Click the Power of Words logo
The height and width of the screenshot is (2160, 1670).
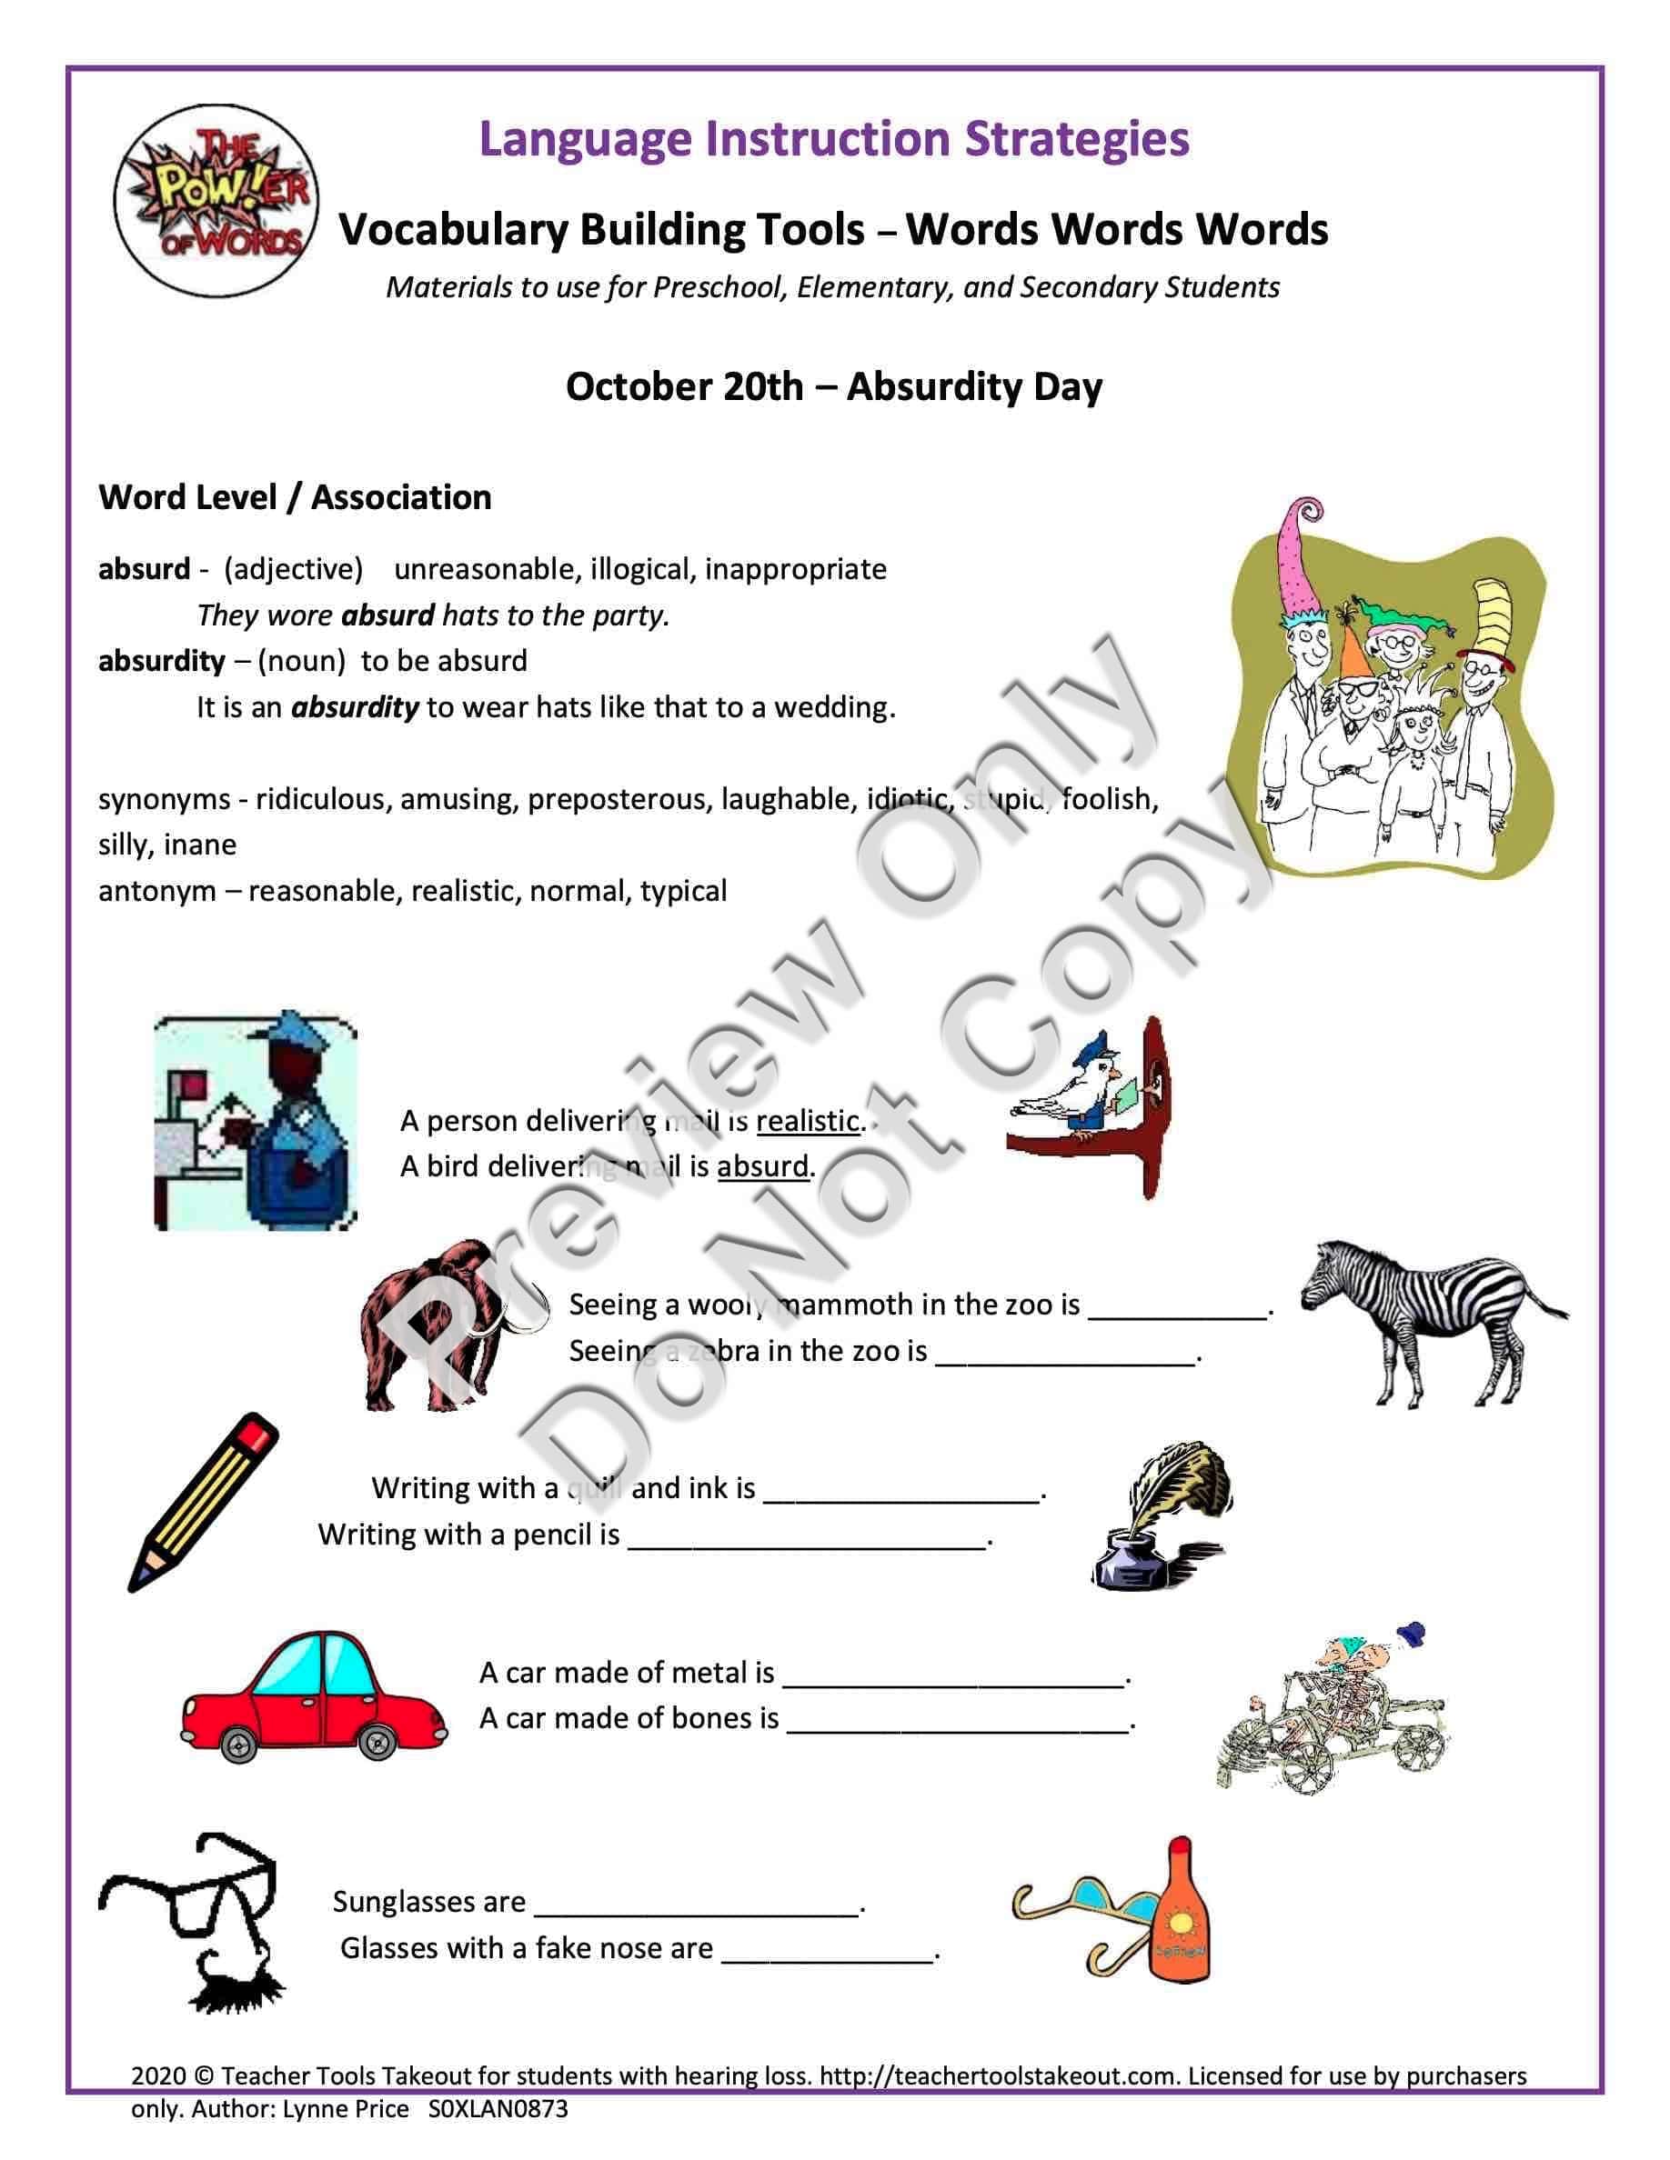pos(215,201)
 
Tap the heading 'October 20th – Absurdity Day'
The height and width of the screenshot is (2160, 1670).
pos(833,385)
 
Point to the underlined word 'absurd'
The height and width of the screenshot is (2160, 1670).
pos(763,1166)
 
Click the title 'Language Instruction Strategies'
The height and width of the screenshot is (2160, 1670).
pos(833,138)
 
